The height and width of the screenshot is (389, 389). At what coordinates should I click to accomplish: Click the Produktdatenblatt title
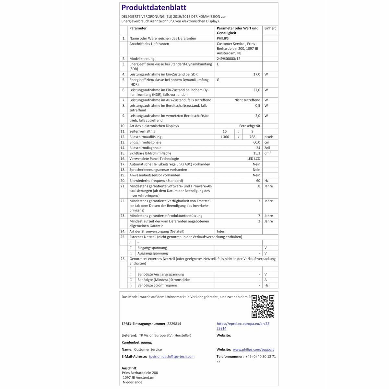(x=154, y=8)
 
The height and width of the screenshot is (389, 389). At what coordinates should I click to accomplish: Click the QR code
(x=263, y=306)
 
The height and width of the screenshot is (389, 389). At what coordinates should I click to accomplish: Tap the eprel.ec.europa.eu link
(x=243, y=326)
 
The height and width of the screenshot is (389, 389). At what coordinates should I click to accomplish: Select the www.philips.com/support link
(x=253, y=349)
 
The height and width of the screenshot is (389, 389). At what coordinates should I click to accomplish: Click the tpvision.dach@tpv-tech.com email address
(x=172, y=357)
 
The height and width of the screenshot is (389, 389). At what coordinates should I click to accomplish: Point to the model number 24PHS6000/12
(x=229, y=59)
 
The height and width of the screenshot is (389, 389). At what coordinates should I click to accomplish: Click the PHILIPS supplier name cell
(x=223, y=38)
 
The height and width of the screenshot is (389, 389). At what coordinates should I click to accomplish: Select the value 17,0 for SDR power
(x=256, y=74)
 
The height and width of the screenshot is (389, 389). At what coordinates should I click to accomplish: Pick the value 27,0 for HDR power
(x=256, y=90)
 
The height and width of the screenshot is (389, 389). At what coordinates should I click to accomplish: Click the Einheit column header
(x=270, y=28)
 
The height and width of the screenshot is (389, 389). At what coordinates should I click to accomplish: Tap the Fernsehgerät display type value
(x=250, y=126)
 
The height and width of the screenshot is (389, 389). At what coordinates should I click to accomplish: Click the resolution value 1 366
(x=224, y=137)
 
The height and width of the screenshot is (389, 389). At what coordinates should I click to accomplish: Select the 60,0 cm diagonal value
(x=256, y=142)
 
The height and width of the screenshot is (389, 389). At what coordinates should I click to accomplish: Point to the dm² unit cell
(x=267, y=153)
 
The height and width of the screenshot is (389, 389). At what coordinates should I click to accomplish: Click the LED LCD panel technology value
(x=253, y=159)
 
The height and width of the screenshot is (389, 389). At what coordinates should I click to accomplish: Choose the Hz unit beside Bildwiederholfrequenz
(x=266, y=181)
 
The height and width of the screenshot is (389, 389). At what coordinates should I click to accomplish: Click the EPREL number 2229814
(x=174, y=324)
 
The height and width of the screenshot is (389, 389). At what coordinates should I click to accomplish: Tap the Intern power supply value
(x=221, y=231)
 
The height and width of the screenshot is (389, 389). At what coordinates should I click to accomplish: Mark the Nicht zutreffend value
(x=247, y=100)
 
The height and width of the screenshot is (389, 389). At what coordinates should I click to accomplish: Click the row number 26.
(x=123, y=259)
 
